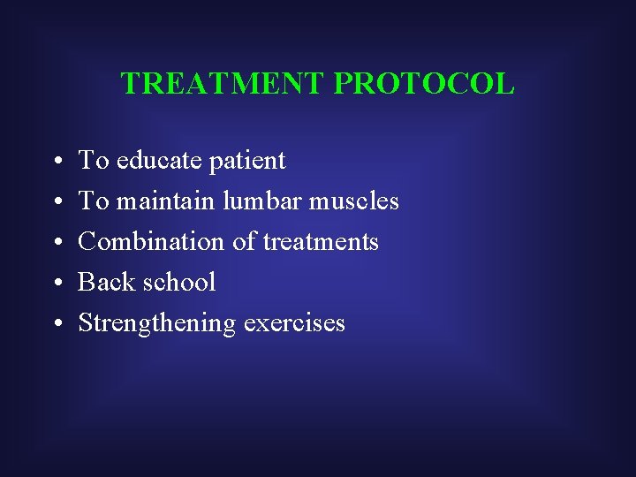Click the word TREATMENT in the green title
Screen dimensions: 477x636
tap(224, 84)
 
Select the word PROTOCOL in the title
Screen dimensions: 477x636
tap(425, 84)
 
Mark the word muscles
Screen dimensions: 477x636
tap(353, 201)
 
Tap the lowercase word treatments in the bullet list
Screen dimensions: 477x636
tap(321, 242)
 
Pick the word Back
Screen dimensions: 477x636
tap(101, 283)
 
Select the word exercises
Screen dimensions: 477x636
tap(294, 323)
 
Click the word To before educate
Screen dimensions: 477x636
tap(93, 161)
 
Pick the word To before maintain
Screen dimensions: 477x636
tap(93, 201)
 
